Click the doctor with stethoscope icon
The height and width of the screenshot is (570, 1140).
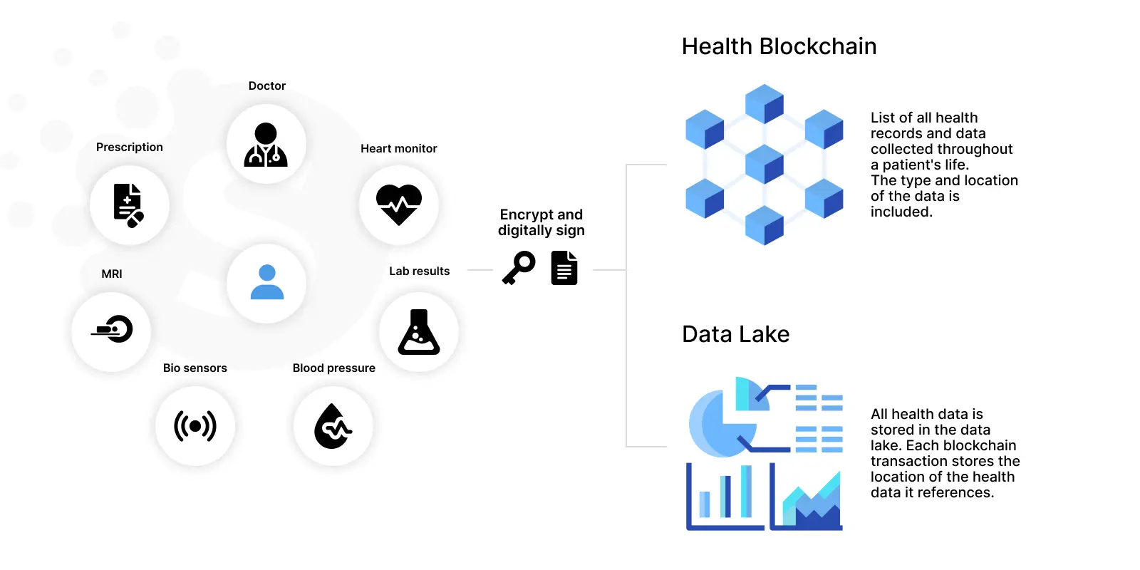click(266, 145)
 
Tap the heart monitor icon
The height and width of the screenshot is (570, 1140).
click(399, 204)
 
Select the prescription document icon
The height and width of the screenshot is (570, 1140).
click(128, 206)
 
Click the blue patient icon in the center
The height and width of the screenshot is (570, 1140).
click(266, 282)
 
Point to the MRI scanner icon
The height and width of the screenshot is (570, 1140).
click(113, 329)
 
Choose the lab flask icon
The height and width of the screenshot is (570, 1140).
click(419, 332)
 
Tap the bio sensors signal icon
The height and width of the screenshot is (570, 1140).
click(195, 426)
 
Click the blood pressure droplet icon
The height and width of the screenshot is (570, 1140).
click(333, 426)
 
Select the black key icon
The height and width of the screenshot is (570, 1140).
click(519, 268)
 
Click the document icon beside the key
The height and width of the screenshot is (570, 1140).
click(564, 268)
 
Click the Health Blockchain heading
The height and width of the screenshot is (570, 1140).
click(779, 46)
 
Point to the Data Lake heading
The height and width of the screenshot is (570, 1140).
click(736, 334)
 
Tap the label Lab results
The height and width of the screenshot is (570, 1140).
click(420, 271)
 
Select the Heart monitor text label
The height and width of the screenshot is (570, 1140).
click(399, 149)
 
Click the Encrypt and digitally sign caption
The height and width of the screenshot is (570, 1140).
click(541, 222)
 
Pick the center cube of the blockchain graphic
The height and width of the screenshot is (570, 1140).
click(764, 165)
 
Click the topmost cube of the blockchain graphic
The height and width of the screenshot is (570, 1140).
click(764, 104)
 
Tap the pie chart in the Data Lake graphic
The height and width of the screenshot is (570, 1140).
click(722, 418)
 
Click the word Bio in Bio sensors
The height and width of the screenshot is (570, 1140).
click(172, 368)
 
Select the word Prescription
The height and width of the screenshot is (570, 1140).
click(129, 147)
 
